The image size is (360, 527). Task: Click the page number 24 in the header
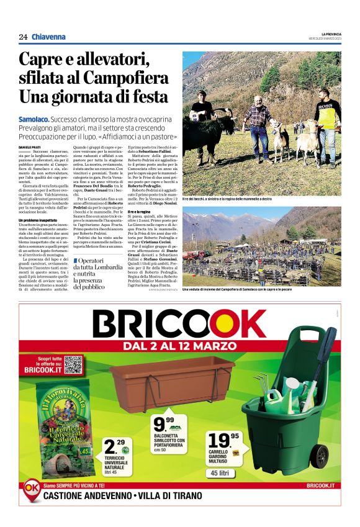[x=23, y=37]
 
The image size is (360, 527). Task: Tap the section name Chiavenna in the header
[x=48, y=37]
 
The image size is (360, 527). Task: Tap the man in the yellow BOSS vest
[x=326, y=121]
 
